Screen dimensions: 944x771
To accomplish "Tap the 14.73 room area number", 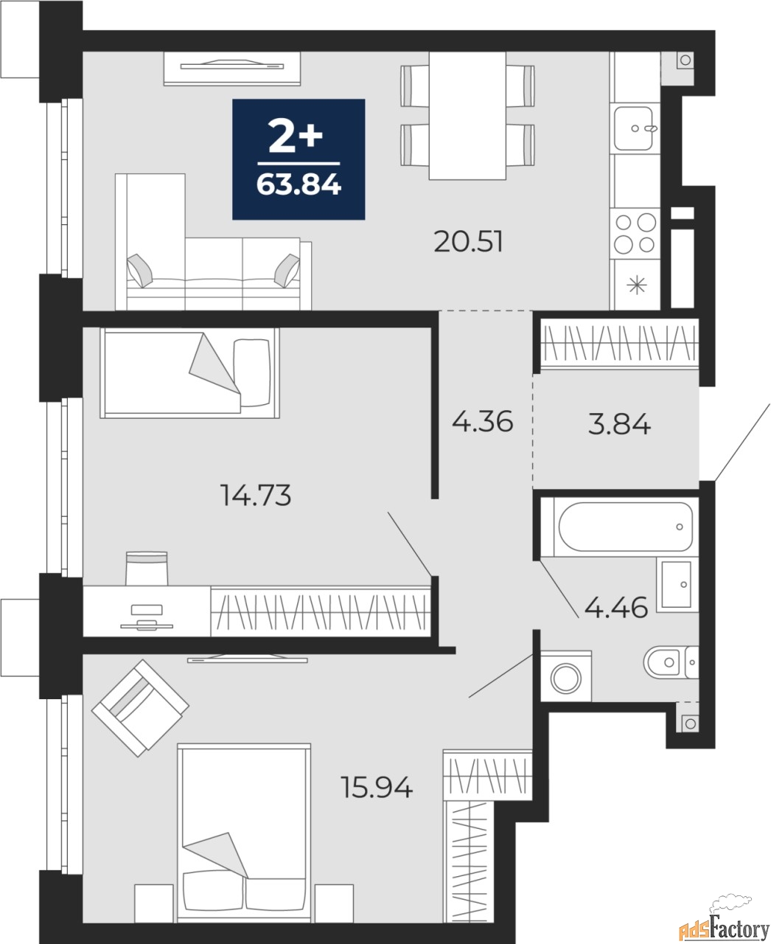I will (x=257, y=496).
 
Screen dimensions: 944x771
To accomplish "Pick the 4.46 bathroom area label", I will (x=615, y=608).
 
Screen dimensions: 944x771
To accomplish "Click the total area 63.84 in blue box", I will (x=299, y=184).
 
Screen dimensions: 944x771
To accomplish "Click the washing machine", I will (x=566, y=676).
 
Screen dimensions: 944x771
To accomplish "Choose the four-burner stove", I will (x=635, y=233).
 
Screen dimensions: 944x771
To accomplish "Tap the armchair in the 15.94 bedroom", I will (x=139, y=707).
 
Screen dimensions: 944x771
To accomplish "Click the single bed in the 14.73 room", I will (x=189, y=372).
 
